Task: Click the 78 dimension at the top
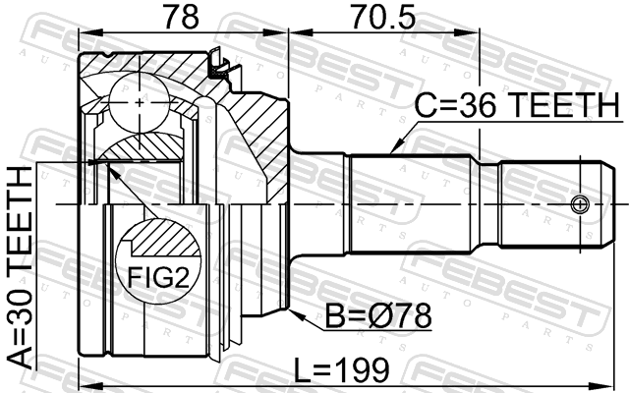coord(181,16)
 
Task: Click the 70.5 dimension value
coord(384,16)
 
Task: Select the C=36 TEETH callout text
coord(517,105)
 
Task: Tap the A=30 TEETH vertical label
coord(20,267)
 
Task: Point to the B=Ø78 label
coord(377,315)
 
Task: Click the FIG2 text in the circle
coord(158,277)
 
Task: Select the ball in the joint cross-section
coord(140,103)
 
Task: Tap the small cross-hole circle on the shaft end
coord(580,204)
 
